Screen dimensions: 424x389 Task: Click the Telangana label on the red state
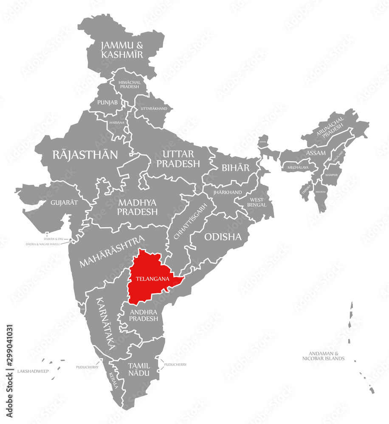[153, 279]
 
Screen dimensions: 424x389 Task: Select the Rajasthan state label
[85, 154]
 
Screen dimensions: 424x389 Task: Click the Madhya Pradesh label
[138, 207]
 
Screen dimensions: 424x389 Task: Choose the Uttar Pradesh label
[178, 158]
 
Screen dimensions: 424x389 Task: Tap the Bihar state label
[236, 167]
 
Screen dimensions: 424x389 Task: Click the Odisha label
[223, 237]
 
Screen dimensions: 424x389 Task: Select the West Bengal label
[257, 202]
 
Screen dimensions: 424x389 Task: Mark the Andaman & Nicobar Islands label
[323, 356]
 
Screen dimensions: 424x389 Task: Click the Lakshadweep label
[33, 371]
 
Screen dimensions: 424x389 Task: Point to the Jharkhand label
[228, 192]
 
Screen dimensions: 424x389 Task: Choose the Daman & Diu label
[54, 239]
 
